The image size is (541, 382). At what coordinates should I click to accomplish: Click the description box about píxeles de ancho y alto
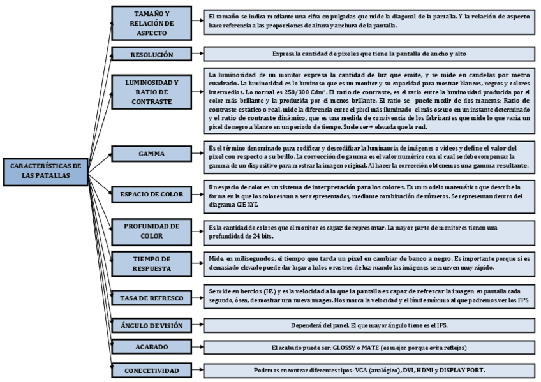(370, 55)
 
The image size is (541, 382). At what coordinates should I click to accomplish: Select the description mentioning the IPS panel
(370, 325)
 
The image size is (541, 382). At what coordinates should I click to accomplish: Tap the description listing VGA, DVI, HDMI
(370, 370)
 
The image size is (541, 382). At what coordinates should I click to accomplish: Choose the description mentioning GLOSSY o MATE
(370, 348)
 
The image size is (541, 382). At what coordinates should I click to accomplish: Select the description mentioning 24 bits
(370, 230)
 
